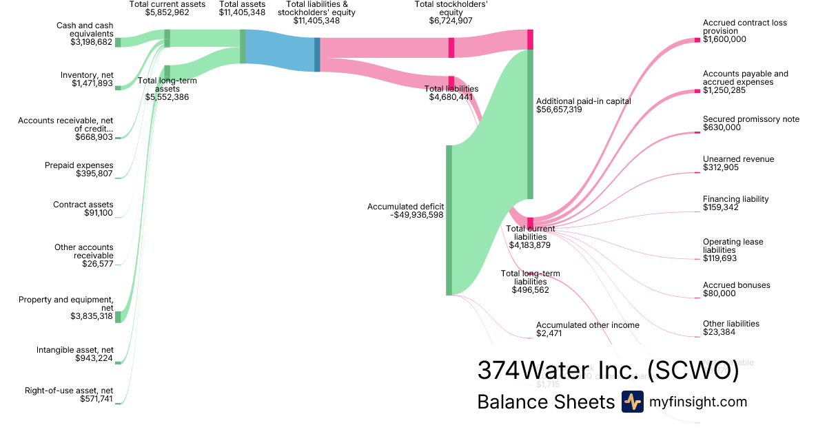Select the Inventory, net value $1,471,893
92,83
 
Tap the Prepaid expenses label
79,165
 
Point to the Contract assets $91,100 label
83,209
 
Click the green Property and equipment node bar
118,316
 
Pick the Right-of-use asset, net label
68,390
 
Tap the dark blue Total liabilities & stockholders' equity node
317,54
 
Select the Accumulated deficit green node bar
449,220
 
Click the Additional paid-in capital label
583,101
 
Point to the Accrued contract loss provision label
744,27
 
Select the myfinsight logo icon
632,402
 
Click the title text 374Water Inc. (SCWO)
608,370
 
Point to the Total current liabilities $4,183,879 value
529,245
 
